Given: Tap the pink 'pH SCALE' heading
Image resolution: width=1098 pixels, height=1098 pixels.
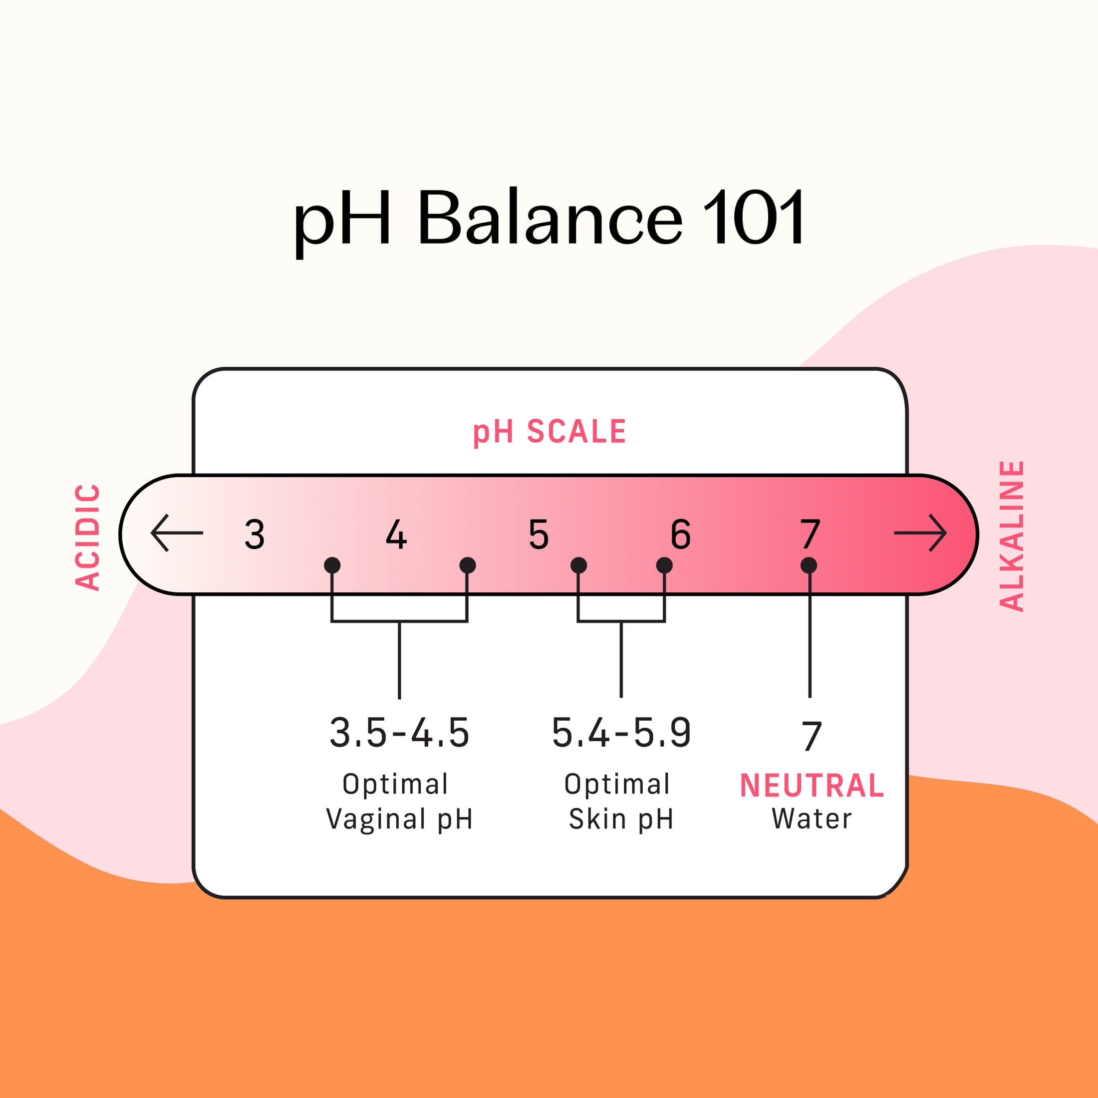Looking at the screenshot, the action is pyautogui.click(x=549, y=432).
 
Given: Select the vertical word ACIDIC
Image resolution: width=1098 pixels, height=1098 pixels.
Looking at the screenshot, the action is pyautogui.click(x=88, y=537).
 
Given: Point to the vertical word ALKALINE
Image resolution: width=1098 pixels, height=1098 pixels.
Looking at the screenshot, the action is pyautogui.click(x=1012, y=536).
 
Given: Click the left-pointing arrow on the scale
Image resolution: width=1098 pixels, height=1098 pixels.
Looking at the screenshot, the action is pyautogui.click(x=177, y=533).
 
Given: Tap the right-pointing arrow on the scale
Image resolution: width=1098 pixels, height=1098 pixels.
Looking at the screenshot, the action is pyautogui.click(x=921, y=533).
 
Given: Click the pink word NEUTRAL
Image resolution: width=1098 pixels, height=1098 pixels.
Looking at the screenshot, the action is pyautogui.click(x=812, y=786).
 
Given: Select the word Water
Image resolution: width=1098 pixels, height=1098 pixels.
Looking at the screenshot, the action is pyautogui.click(x=812, y=819).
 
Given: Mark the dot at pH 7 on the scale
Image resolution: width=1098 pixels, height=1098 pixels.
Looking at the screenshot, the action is pyautogui.click(x=809, y=565).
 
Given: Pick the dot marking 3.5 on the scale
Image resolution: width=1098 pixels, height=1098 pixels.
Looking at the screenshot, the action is pyautogui.click(x=332, y=565).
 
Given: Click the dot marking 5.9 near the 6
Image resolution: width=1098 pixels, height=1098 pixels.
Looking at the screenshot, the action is pyautogui.click(x=664, y=565).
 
